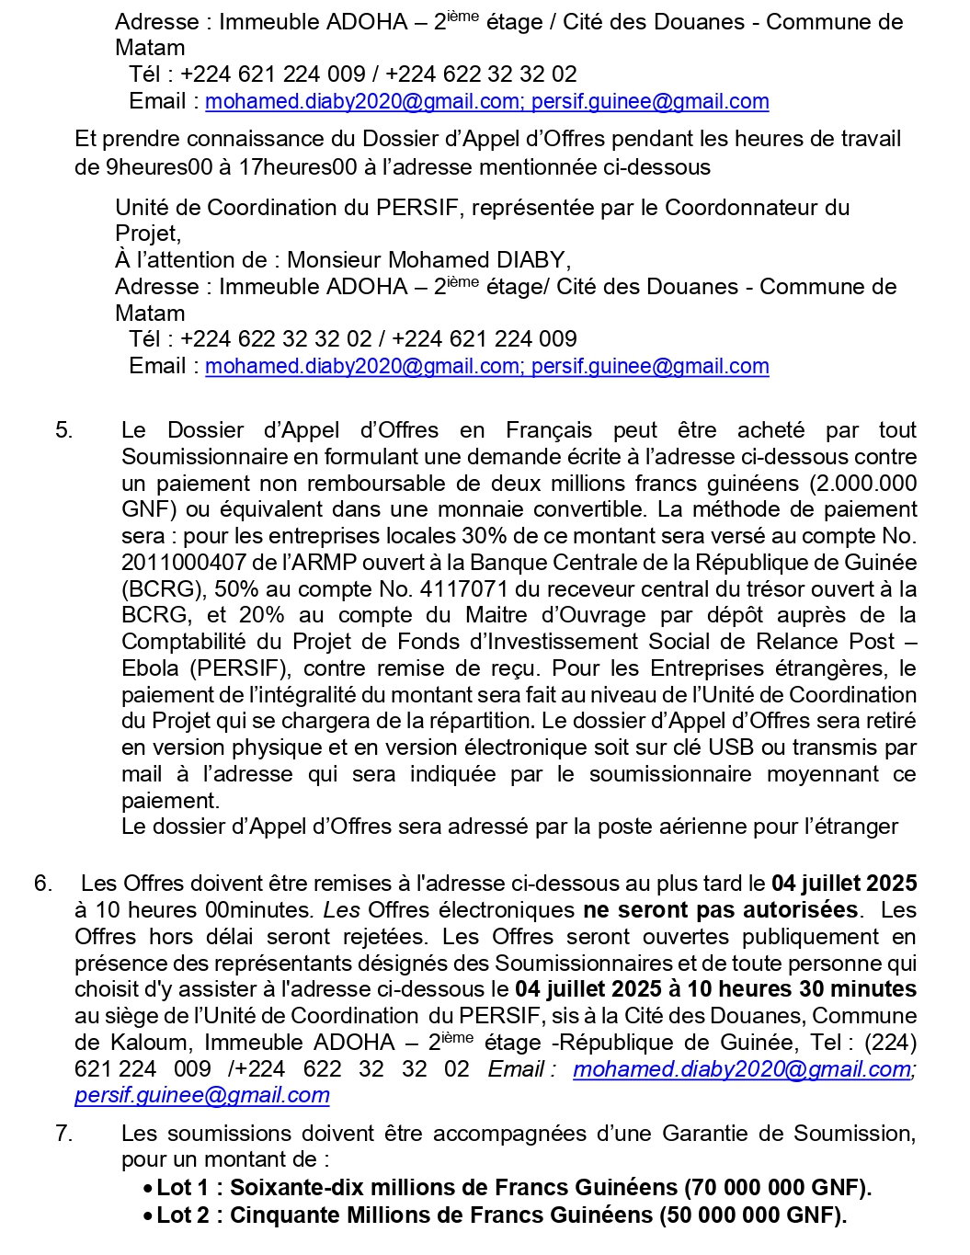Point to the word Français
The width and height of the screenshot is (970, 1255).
pos(549,430)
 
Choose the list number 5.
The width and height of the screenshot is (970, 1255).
pos(63,430)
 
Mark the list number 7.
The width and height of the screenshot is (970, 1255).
pos(63,1134)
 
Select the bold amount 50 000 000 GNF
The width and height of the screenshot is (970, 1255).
pos(753,1215)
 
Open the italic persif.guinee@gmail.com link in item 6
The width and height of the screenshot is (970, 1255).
pos(201,1095)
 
